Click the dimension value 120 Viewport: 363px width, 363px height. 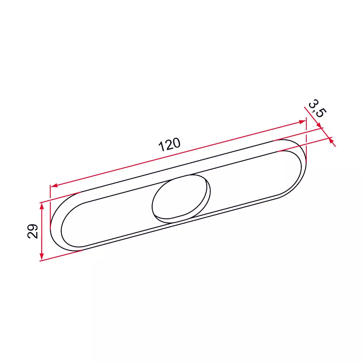[169, 145]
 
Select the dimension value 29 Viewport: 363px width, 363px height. [33, 231]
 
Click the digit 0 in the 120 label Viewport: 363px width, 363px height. [177, 143]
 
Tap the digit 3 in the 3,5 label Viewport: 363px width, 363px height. [313, 103]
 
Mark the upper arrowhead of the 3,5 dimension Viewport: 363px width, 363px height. [320, 125]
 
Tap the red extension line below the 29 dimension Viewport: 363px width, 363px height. [60, 256]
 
